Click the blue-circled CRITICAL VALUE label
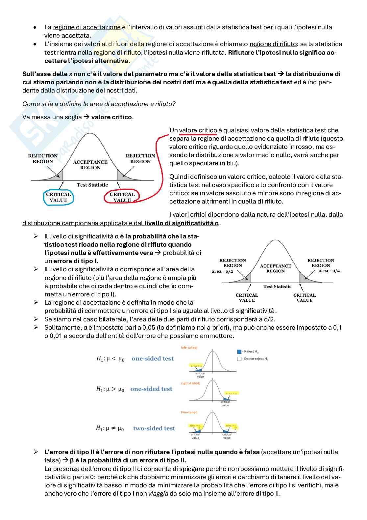pos(58,197)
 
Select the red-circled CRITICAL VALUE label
pos(122,197)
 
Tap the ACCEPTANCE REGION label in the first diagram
pos(90,165)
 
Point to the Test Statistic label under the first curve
pos(92,185)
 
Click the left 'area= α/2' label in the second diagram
pos(222,271)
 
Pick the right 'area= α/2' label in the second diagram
pos(329,270)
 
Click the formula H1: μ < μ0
pos(110,359)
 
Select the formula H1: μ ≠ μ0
pos(110,428)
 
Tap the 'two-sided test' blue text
pos(154,428)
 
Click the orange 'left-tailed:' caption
pos(189,347)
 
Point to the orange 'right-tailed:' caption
pos(190,383)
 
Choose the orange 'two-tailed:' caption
pos(189,412)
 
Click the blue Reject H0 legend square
pos(239,352)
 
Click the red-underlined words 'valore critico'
pos(198,130)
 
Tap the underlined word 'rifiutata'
pos(213,52)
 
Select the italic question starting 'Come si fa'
pos(99,104)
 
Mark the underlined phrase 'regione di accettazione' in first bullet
pos(87,27)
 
